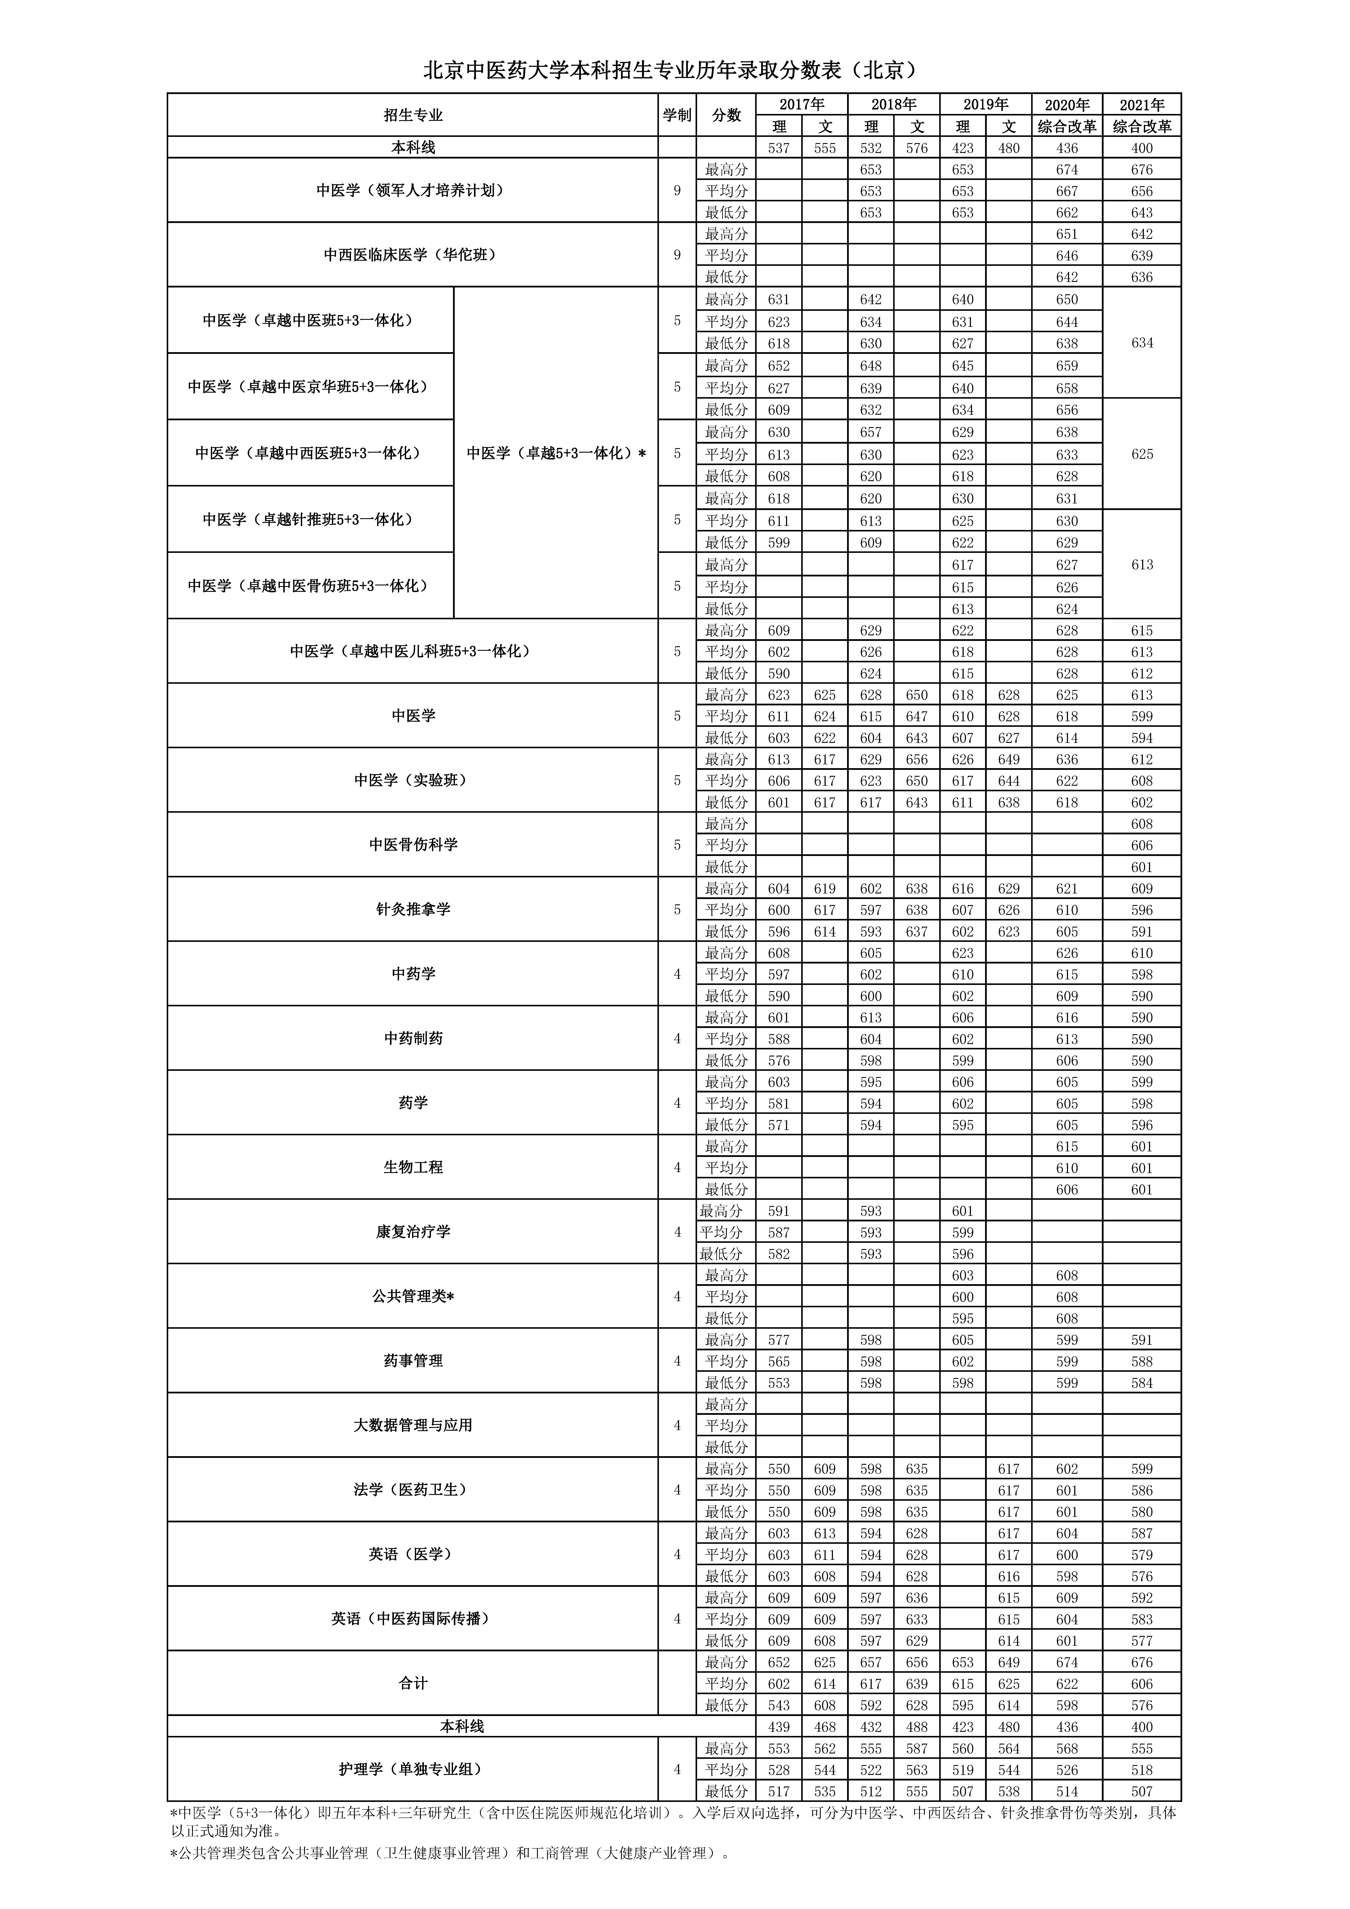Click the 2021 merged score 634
[1142, 343]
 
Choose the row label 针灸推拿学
[412, 910]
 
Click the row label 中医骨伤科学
[412, 845]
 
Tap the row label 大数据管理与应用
[412, 1425]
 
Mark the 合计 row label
[412, 1683]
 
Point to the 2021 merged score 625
[1142, 454]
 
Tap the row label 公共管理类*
[412, 1296]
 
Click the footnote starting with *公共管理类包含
[449, 1853]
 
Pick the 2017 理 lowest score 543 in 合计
[778, 1704]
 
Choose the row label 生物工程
[412, 1167]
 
